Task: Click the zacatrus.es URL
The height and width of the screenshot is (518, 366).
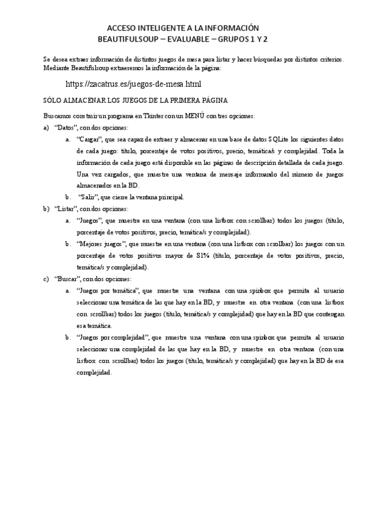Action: pos(133,84)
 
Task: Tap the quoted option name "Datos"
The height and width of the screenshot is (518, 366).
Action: pos(66,127)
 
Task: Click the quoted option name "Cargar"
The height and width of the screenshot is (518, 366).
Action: pos(90,139)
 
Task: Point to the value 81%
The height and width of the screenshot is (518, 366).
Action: pos(202,255)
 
